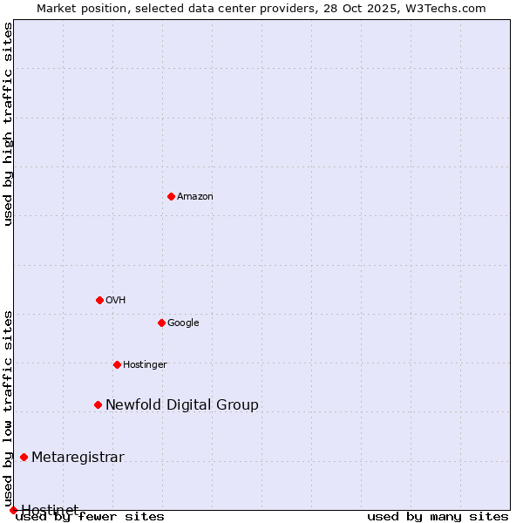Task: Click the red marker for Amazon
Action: (171, 196)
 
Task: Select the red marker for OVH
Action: (99, 300)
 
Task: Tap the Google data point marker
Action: (161, 323)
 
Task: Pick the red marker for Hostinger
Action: (117, 364)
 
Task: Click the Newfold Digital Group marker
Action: (98, 404)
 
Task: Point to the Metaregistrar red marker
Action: (24, 457)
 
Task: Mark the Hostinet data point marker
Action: (13, 510)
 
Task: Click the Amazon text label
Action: (195, 197)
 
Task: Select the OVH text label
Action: (116, 301)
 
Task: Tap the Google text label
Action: (183, 323)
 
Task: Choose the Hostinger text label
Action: (145, 365)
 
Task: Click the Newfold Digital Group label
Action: (182, 405)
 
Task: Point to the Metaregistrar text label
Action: (78, 458)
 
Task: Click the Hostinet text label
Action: (50, 509)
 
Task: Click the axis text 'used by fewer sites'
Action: (90, 517)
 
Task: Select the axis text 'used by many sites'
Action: (438, 517)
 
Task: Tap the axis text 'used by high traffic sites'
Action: (8, 124)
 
